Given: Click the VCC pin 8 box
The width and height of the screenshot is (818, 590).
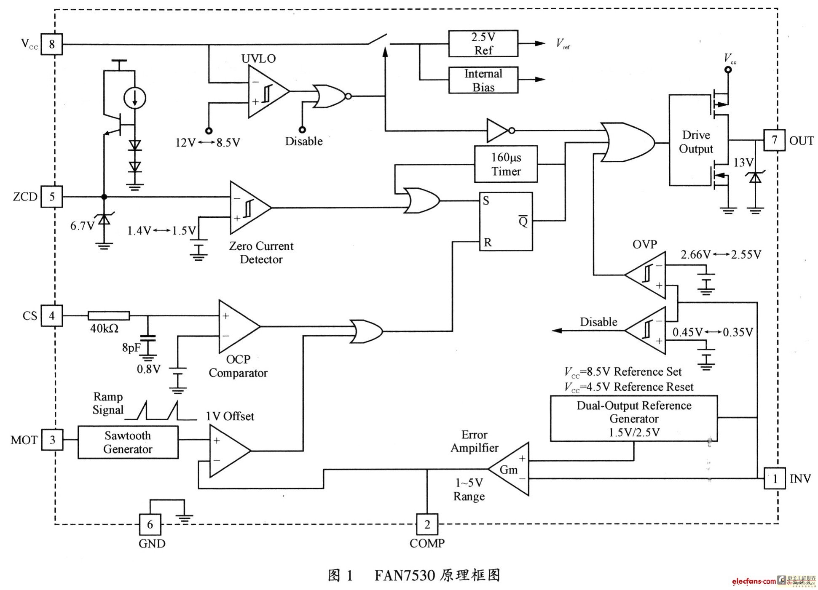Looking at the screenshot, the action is (52, 44).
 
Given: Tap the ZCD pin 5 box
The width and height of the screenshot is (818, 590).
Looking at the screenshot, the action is (52, 197).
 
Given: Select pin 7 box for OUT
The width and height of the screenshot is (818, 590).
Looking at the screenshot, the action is (775, 140).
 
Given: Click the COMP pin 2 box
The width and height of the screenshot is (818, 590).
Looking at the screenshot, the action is (427, 524).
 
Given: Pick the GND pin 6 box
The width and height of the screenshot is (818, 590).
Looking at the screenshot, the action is (150, 524).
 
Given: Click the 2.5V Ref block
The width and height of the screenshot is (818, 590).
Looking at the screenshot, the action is (483, 43).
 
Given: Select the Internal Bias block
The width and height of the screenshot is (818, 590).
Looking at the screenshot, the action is (483, 80).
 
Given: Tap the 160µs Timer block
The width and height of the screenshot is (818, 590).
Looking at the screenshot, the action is (506, 164).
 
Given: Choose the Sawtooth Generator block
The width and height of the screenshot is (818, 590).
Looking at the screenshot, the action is (128, 442).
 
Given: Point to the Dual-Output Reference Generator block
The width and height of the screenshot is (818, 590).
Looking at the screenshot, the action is (634, 418).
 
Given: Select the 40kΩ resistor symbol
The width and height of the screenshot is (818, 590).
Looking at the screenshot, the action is (109, 315).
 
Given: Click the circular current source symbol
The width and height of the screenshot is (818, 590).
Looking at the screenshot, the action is (135, 98).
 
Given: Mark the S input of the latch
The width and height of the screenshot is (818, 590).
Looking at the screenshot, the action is (486, 201).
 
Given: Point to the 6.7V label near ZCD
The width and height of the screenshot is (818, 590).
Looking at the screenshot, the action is (82, 226).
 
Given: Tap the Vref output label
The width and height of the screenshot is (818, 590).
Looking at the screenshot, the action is (563, 44).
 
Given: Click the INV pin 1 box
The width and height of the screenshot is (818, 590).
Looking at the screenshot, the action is (775, 478).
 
